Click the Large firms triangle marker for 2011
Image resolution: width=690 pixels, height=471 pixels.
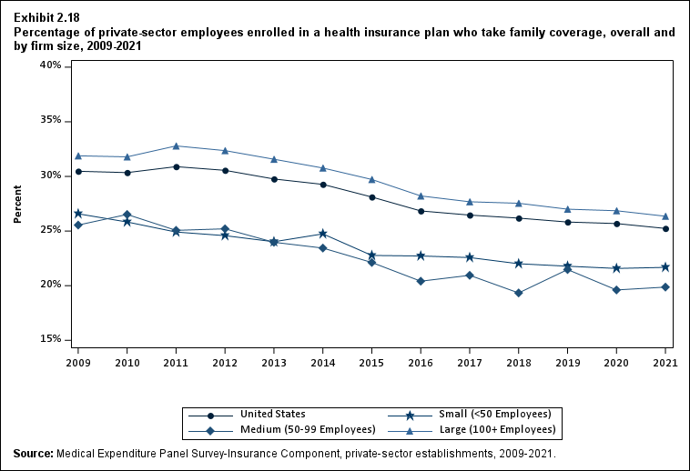point(176,145)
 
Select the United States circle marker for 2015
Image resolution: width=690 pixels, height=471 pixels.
point(371,197)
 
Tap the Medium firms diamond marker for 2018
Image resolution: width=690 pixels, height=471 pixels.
point(518,293)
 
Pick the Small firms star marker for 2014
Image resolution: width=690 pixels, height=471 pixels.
point(322,234)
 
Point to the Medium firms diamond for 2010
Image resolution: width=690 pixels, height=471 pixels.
point(127,214)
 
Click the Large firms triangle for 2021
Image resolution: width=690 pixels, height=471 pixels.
point(665,216)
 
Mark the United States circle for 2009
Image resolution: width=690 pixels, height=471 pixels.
point(78,171)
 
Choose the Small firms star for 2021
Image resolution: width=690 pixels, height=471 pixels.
point(665,267)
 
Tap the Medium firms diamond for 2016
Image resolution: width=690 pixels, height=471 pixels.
point(421,281)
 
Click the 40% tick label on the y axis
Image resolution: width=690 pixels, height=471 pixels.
point(50,65)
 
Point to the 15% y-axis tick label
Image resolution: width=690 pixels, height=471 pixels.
point(50,339)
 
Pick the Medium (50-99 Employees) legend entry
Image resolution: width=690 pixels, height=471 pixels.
point(309,428)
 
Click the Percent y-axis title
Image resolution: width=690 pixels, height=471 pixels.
point(17,204)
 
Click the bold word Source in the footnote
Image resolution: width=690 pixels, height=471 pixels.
point(33,454)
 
